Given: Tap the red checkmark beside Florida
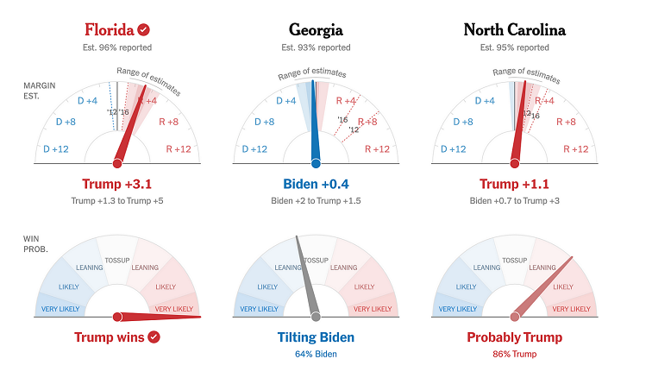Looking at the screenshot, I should click(144, 29).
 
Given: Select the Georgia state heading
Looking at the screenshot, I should click(316, 29).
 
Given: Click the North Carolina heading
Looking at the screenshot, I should click(514, 29).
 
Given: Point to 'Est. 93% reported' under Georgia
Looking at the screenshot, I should click(316, 48).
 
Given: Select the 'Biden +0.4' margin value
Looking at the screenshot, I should click(316, 183).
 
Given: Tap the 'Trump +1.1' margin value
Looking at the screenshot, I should click(514, 183).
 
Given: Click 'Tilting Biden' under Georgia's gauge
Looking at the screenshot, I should click(316, 337).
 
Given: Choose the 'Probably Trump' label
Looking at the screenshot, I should click(514, 337).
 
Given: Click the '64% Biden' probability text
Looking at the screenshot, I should click(316, 354).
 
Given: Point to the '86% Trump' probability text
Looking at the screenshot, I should click(514, 354).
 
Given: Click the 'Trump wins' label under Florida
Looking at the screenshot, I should click(110, 337).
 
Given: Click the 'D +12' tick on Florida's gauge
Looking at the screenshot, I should click(57, 149).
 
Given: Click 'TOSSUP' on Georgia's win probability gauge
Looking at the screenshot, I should click(316, 259).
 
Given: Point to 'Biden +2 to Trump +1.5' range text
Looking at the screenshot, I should click(316, 201).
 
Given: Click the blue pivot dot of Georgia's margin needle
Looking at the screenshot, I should click(316, 162).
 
